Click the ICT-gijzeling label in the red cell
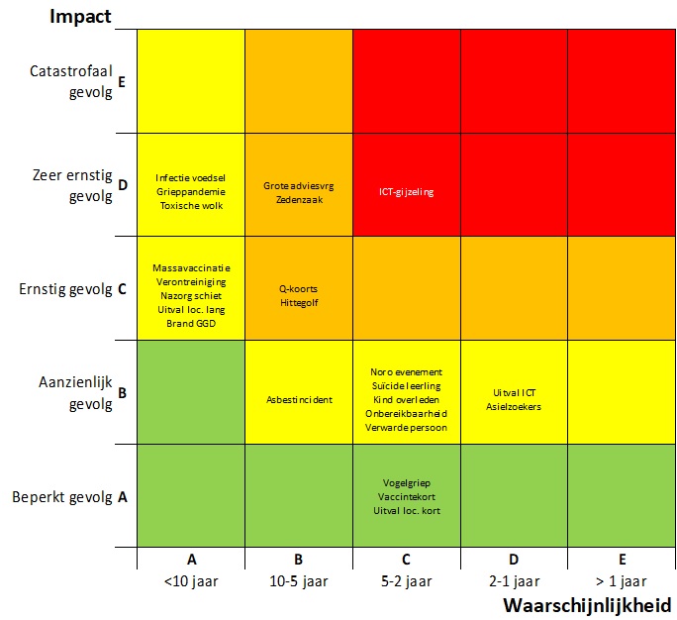[x=407, y=192]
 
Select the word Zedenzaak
[x=298, y=199]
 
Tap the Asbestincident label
[x=298, y=400]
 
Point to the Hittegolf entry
[x=298, y=303]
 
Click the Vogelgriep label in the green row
[x=406, y=482]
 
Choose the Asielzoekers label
[x=513, y=406]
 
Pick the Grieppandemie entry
[x=190, y=191]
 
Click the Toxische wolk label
[x=190, y=205]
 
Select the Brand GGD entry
[x=190, y=324]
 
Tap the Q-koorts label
[x=298, y=289]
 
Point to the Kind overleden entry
[x=406, y=399]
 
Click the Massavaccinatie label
[x=190, y=267]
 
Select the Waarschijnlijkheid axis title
[x=587, y=604]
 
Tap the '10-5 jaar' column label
[x=298, y=580]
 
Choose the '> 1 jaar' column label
[x=621, y=580]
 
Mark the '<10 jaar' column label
[x=190, y=580]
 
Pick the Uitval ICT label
[x=514, y=392]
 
